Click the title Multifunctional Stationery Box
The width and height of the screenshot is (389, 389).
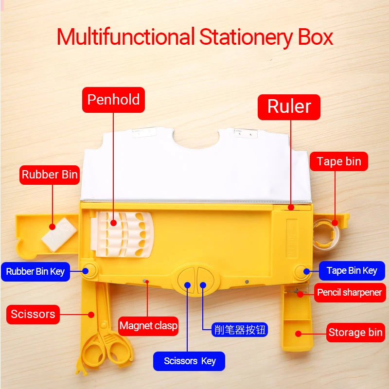(x=194, y=37)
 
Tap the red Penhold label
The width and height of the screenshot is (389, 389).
(x=113, y=100)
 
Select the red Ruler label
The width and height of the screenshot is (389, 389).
(x=289, y=107)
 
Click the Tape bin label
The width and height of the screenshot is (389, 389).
(x=339, y=161)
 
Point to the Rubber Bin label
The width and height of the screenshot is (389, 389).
(x=50, y=175)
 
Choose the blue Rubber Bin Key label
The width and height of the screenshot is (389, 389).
(x=35, y=271)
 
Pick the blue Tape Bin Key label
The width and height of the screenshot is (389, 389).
(x=352, y=271)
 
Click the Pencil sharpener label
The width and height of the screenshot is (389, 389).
(x=350, y=293)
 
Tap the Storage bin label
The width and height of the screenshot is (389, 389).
(x=355, y=333)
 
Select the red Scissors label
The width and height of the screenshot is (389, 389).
(x=33, y=314)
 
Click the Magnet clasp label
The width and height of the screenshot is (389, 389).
(x=148, y=325)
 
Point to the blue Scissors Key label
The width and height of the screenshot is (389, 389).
(x=189, y=361)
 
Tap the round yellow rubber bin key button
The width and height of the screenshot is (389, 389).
(x=89, y=270)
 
